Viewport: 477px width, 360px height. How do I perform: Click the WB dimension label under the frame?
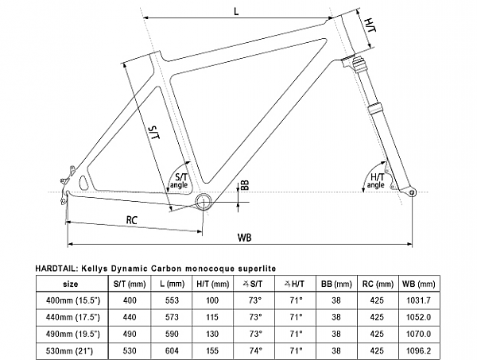point(246,238)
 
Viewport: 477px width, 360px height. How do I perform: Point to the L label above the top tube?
point(237,10)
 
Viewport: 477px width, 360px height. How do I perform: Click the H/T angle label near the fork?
point(377,180)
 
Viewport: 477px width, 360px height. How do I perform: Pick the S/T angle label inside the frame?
point(179,180)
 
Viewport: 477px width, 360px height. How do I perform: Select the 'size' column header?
point(71,283)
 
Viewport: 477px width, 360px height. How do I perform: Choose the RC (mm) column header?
point(378,283)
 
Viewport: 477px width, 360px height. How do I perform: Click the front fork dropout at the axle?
point(411,192)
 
